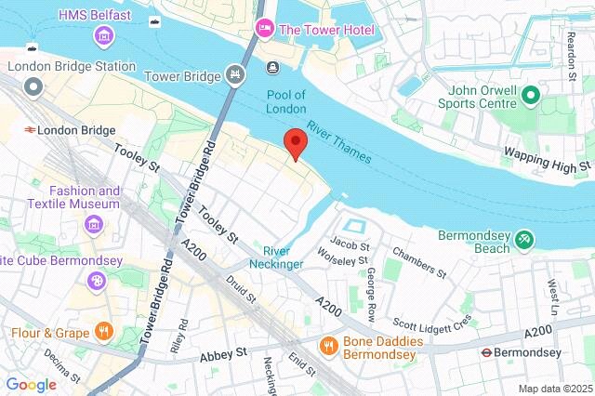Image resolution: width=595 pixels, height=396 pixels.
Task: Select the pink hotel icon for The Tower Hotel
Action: point(263,29)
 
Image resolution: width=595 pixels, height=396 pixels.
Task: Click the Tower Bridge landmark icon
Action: point(235,73)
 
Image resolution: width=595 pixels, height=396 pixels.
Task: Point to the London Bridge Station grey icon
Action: point(34,87)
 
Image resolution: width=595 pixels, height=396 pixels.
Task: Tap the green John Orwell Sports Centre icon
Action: point(530,95)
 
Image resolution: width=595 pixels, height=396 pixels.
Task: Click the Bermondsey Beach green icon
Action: point(525,240)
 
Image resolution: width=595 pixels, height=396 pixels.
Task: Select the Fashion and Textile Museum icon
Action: point(93,224)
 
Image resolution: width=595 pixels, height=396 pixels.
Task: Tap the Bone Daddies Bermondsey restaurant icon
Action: point(327,346)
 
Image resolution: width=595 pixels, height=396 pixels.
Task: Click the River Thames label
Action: point(340,143)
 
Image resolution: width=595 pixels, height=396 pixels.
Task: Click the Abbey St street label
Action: point(222,354)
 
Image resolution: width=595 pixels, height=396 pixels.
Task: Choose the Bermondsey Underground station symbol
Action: point(485,352)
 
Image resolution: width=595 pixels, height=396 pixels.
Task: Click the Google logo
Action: point(31,384)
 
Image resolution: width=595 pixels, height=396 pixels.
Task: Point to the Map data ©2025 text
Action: point(554,388)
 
